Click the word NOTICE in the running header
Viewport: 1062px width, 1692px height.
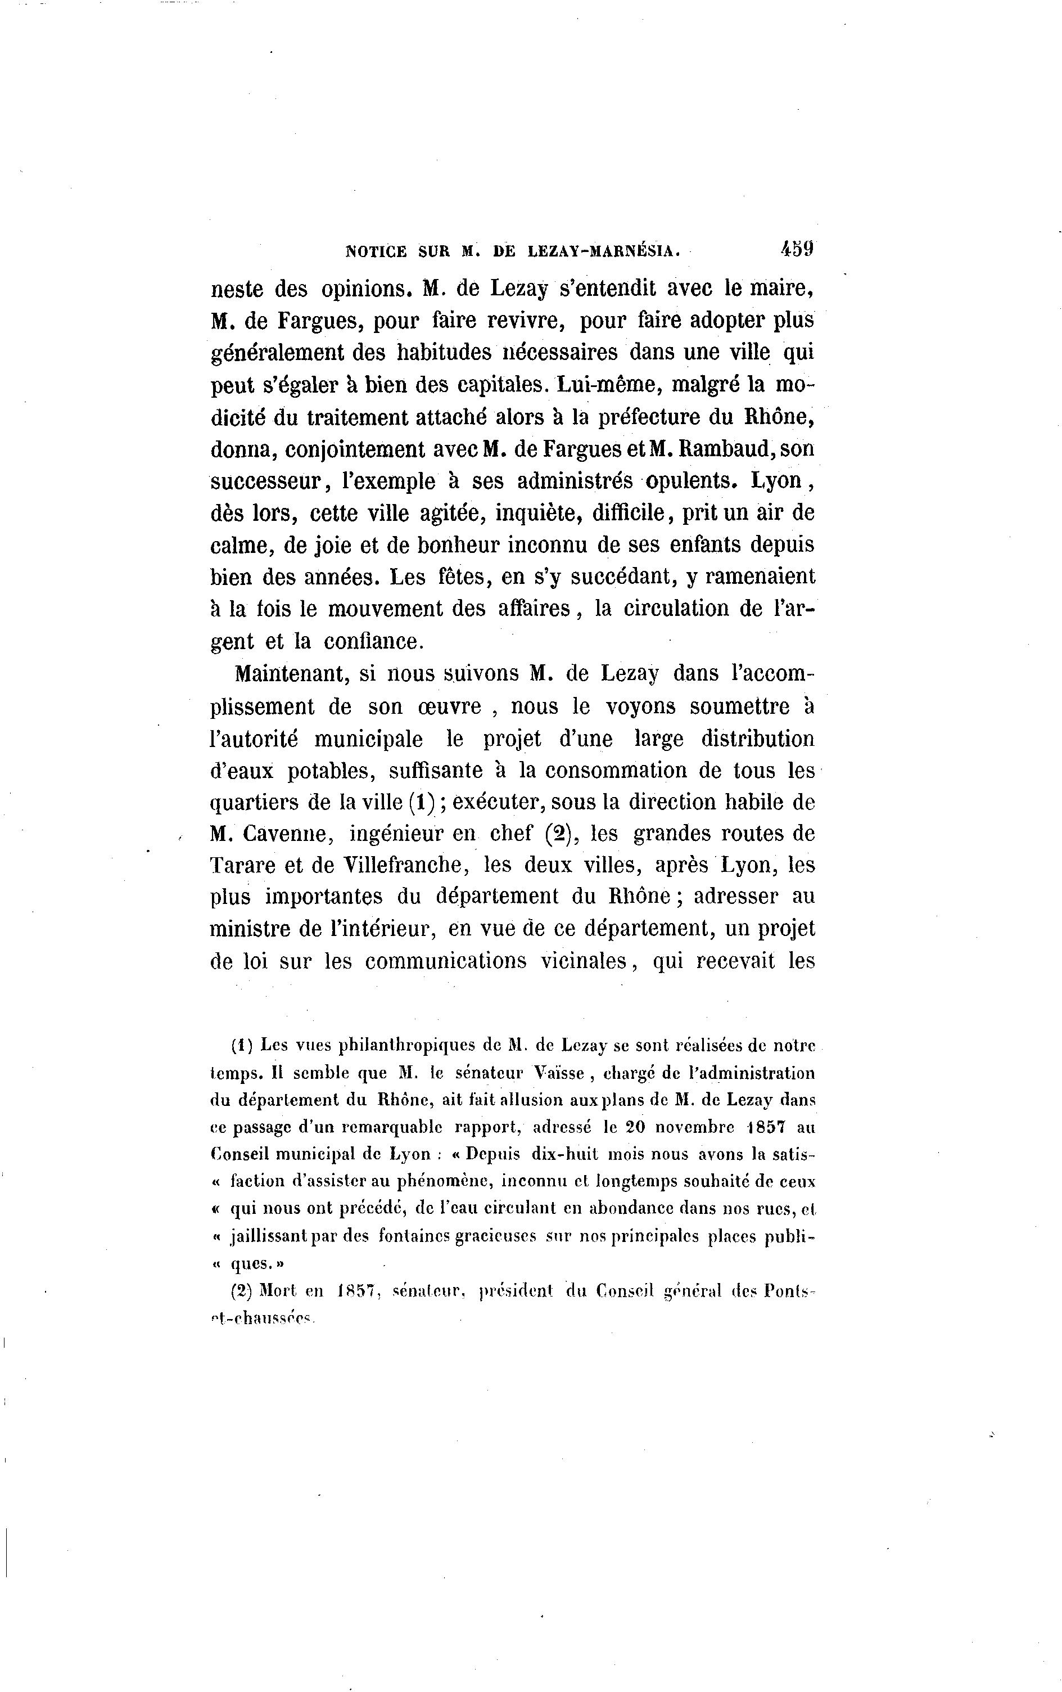click(x=377, y=250)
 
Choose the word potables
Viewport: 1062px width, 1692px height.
click(x=329, y=771)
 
